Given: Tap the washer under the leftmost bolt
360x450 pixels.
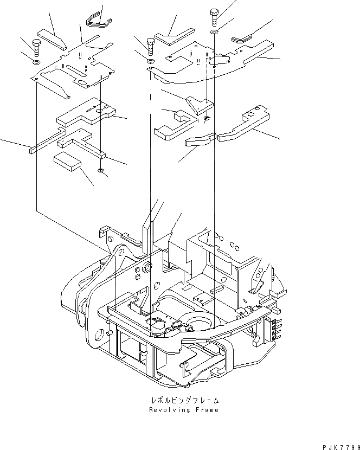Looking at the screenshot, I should (36, 63).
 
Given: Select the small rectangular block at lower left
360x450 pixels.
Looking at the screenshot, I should (67, 162).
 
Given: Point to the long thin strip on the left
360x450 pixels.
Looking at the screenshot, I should (47, 143).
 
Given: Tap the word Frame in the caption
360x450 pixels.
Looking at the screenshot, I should (208, 410).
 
